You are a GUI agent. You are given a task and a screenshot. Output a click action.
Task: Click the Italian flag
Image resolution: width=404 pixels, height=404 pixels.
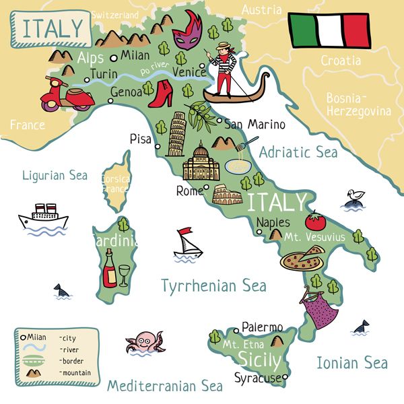pos(329,30)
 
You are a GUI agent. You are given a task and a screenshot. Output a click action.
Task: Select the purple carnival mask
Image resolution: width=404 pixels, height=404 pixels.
pos(187,34)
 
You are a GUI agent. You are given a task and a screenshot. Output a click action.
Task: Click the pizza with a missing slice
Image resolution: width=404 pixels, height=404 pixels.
pos(302,259)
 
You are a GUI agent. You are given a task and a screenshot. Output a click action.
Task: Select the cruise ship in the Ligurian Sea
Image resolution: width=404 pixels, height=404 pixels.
pos(44,217)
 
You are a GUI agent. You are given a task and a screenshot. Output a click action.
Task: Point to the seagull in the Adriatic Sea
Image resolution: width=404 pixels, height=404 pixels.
pos(353,197)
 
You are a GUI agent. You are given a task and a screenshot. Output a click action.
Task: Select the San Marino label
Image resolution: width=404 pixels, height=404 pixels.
pos(255,125)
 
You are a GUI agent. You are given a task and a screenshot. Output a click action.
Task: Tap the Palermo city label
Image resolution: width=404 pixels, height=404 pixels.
pos(262,327)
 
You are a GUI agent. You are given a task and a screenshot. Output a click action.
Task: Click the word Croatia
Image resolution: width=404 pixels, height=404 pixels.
pos(340,61)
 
